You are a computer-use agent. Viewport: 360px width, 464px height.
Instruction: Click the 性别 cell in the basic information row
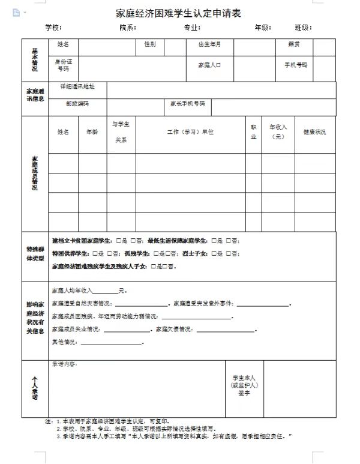149,44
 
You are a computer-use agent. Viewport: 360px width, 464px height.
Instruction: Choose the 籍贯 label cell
293,44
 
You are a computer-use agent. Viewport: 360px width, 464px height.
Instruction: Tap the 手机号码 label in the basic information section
295,65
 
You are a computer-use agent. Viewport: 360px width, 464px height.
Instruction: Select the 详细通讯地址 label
77,86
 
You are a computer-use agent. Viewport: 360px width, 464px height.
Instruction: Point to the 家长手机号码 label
187,103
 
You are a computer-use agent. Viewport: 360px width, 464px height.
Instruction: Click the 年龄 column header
92,131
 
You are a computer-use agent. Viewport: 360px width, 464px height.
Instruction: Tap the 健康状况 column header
314,131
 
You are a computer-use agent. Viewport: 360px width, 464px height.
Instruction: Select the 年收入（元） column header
278,131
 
